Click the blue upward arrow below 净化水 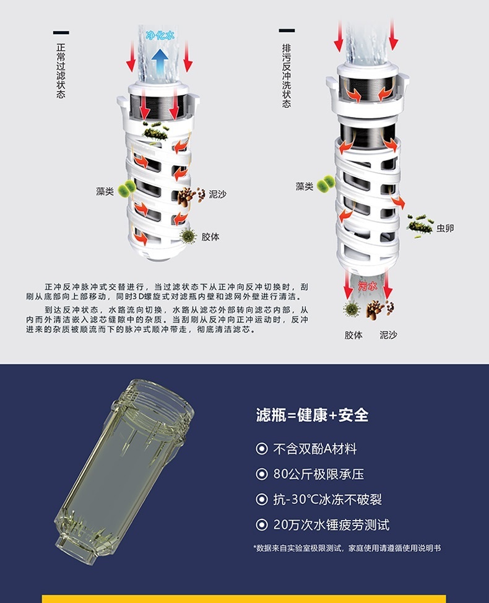click(160, 60)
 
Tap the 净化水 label click(160, 36)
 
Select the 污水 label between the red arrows click(368, 286)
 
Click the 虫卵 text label click(445, 228)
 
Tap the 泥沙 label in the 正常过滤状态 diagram click(217, 194)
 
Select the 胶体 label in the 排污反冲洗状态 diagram click(353, 335)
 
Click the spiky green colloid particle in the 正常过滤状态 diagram click(188, 235)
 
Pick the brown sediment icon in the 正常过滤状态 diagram click(191, 196)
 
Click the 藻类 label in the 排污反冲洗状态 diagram click(304, 186)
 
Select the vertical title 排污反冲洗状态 click(286, 75)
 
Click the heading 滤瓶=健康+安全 click(313, 414)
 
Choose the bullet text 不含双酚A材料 click(315, 448)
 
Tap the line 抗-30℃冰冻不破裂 click(323, 500)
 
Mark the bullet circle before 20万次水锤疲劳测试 click(262, 526)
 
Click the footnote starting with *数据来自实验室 click(347, 548)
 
